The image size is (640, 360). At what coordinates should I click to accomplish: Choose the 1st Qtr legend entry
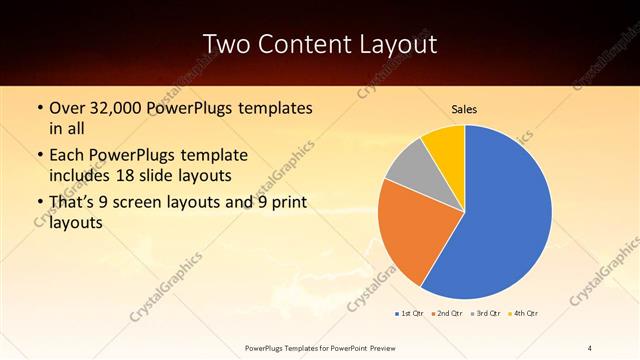[409, 314]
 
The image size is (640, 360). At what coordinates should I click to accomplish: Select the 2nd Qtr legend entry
[447, 314]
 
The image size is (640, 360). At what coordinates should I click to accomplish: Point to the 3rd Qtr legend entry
[486, 314]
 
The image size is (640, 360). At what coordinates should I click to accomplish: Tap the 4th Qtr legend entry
[524, 314]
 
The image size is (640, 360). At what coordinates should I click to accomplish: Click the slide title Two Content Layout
[319, 44]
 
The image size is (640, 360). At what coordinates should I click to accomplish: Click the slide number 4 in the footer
[590, 347]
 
